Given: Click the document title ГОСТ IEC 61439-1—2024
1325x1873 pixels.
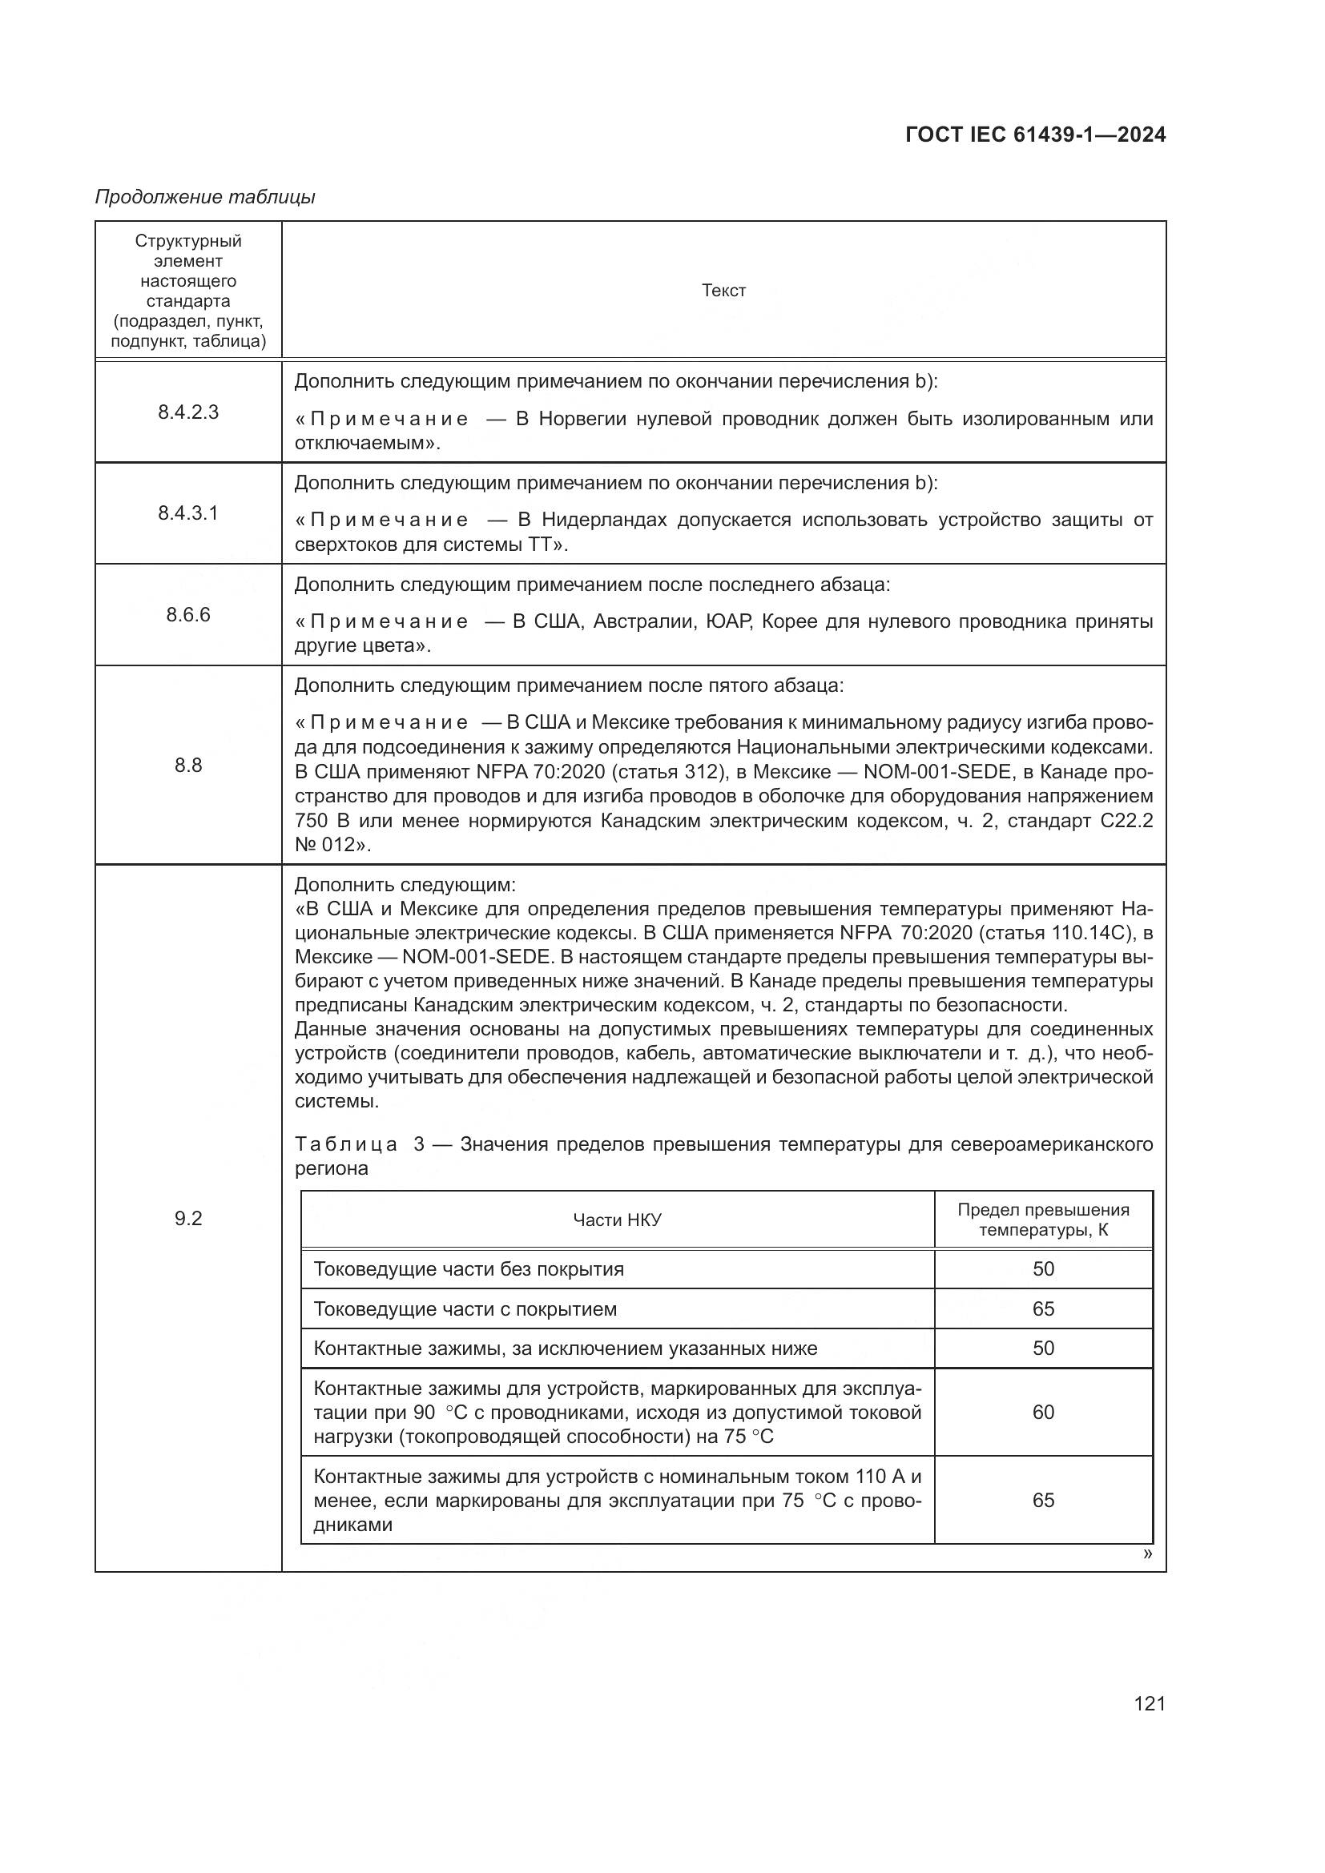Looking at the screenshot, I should pos(1034,135).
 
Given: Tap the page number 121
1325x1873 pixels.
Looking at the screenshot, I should pos(1149,1703).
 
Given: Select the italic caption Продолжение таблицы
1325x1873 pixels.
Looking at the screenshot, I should pos(205,198).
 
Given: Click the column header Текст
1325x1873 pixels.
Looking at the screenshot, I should pos(723,291).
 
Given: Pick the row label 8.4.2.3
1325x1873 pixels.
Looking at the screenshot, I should pos(188,412).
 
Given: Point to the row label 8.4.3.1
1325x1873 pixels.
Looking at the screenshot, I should pos(188,514).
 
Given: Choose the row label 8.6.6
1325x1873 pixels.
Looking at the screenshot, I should pos(188,615).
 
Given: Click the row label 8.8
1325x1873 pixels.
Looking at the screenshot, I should pos(188,766).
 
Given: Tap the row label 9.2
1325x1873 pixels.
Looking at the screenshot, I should pos(188,1219).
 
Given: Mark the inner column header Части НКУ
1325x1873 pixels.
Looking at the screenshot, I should pos(617,1220).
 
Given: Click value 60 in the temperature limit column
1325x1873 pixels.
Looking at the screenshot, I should pos(1043,1412).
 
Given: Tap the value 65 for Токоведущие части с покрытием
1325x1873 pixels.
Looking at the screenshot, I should pos(1043,1309).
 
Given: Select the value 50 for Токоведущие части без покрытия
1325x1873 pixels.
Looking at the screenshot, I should pos(1043,1269).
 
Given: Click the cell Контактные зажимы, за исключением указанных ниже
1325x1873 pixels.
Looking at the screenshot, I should pos(565,1348).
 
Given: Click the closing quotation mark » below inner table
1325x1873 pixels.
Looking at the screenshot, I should pos(1147,1554).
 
